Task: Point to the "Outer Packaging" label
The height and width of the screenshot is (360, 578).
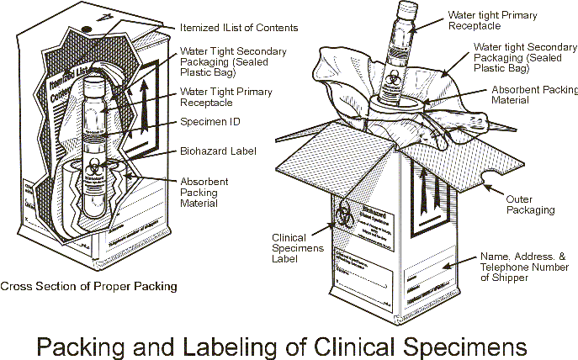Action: coord(529,204)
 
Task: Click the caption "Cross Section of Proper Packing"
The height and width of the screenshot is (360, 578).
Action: coord(89,286)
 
